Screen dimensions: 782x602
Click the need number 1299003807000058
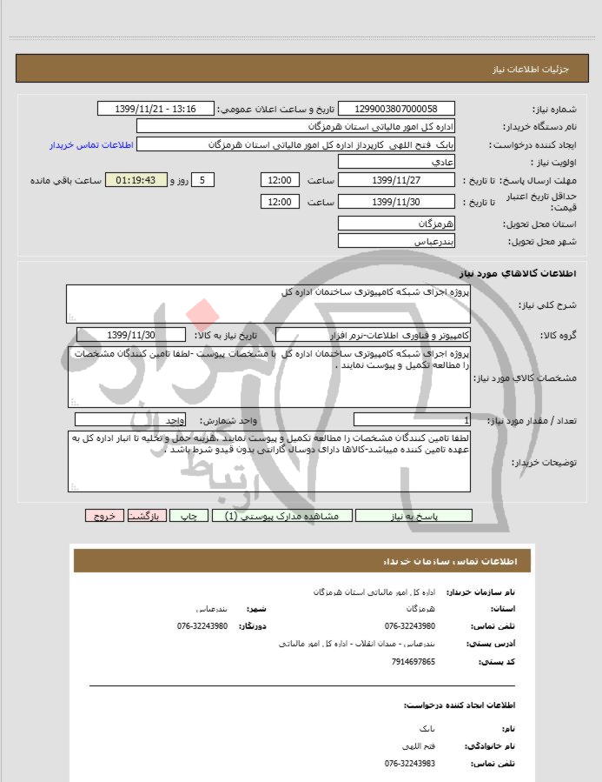point(394,109)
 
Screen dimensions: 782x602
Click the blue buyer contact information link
point(89,144)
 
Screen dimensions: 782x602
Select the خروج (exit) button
point(104,516)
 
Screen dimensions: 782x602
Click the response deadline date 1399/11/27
point(395,180)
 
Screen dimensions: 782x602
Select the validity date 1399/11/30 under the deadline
point(395,202)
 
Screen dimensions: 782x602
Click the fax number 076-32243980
point(202,626)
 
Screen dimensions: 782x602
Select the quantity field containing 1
point(413,420)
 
